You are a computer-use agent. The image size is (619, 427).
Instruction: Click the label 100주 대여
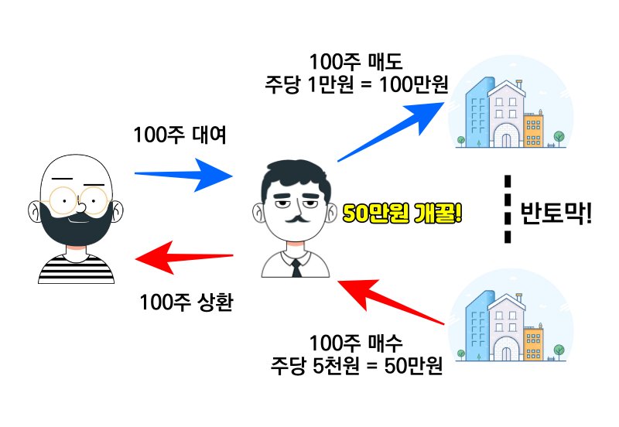(x=180, y=135)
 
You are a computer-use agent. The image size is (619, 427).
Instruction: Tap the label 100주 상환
(x=186, y=302)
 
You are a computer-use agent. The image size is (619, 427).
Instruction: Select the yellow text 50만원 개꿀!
(x=402, y=213)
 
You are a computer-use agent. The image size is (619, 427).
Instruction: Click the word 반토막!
(x=556, y=213)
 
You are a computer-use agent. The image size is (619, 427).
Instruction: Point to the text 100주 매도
(x=356, y=62)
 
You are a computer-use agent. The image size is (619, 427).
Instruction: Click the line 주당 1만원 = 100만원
(x=357, y=84)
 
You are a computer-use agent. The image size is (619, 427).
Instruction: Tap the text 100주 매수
(x=356, y=343)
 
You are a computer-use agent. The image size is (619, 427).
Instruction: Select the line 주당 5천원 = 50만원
(x=357, y=365)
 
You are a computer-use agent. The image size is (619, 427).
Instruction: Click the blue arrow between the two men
(x=184, y=174)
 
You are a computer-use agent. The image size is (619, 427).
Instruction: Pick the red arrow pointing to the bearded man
(x=184, y=258)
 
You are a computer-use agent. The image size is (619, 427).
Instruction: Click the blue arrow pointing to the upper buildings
(x=392, y=132)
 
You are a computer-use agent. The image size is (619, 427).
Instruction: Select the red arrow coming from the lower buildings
(x=392, y=302)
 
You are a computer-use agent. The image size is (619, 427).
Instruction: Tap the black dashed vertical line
(x=508, y=209)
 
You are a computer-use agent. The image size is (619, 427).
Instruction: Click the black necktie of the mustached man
(x=296, y=268)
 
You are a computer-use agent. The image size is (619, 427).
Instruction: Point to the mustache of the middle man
(x=296, y=219)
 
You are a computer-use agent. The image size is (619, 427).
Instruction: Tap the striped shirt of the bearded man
(x=76, y=269)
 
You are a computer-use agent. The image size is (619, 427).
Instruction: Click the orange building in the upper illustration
(x=533, y=130)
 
